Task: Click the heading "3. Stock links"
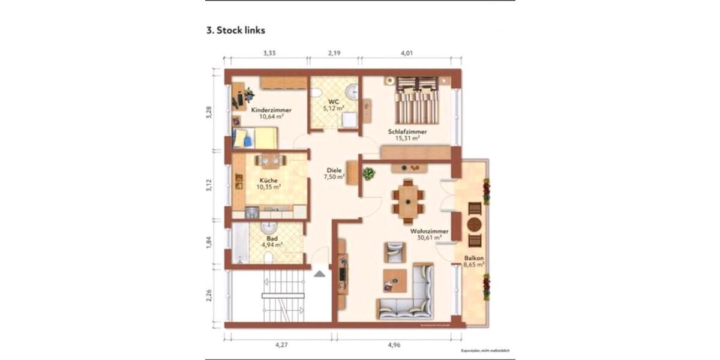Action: click(236, 30)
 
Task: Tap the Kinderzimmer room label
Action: click(271, 110)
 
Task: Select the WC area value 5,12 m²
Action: click(333, 109)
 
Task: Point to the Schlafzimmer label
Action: click(407, 131)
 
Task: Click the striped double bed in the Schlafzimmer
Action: click(418, 100)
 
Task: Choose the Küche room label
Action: click(268, 180)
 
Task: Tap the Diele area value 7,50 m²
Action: click(334, 177)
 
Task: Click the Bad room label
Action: click(272, 238)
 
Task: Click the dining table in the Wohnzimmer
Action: click(408, 199)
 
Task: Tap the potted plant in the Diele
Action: click(368, 174)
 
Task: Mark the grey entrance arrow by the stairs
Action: click(320, 274)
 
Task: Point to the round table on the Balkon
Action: click(475, 224)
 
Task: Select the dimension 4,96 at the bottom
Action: click(394, 345)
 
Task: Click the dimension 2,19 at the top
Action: click(334, 53)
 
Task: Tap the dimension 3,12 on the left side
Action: click(209, 186)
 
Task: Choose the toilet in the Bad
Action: click(268, 257)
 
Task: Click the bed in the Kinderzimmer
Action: click(256, 138)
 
